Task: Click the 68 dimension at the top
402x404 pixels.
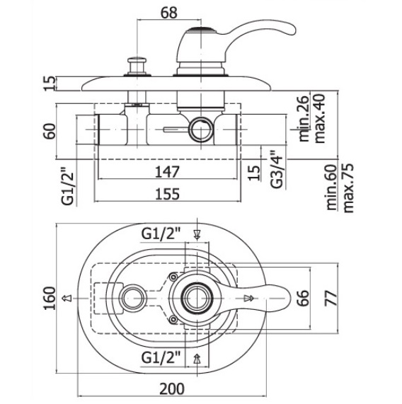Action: pos(169,12)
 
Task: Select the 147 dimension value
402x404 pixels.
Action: pos(167,172)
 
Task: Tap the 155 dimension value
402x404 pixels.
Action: pos(167,194)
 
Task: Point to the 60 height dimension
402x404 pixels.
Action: pos(50,132)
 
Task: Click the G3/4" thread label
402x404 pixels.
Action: pos(277,169)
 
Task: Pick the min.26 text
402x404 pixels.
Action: pos(304,119)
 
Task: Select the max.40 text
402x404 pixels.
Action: pos(320,119)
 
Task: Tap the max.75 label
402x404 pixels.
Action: pos(348,188)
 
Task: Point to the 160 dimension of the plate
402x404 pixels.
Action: pos(50,299)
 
